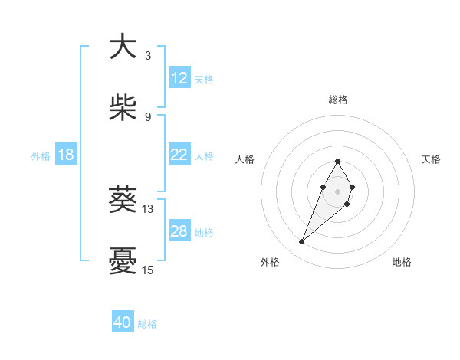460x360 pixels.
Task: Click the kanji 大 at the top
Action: pos(123,47)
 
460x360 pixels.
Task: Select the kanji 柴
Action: pos(123,108)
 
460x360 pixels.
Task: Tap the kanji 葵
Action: pos(123,201)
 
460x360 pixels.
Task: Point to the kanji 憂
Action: pos(123,262)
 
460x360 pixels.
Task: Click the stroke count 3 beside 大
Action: pos(147,55)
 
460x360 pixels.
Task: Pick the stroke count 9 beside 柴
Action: pos(147,116)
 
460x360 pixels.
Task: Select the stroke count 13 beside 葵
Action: pos(148,208)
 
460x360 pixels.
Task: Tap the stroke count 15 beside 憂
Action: pos(148,270)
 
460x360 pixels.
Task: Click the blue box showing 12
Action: pos(179,78)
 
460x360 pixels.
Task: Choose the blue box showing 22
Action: pos(179,155)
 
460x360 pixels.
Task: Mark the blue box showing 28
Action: pos(179,231)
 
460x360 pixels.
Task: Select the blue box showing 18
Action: pos(66,155)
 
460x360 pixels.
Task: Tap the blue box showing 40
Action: pos(123,323)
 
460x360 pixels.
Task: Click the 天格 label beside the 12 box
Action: pos(204,79)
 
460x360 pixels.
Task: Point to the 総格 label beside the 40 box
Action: pos(147,324)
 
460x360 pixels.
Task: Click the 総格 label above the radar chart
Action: pos(338,100)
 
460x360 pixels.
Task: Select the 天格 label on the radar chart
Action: pos(431,159)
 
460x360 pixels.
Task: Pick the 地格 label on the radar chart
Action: pos(402,262)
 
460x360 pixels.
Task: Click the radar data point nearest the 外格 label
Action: pos(302,242)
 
